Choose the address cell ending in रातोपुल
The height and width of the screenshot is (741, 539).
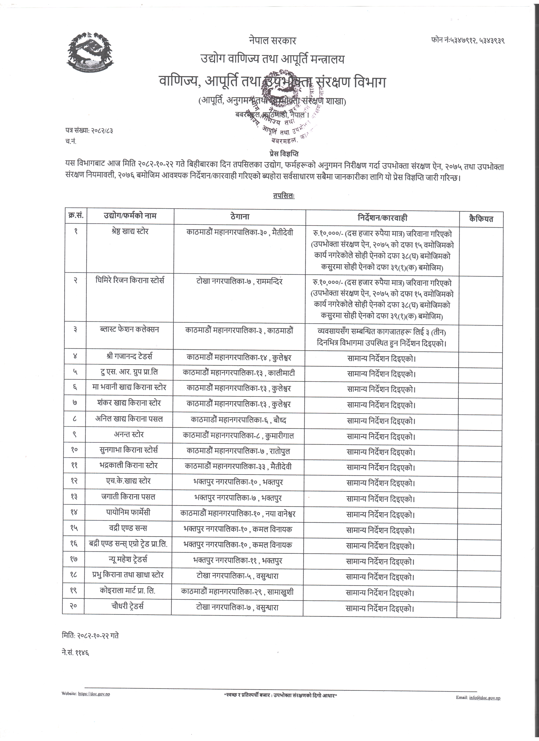click(x=238, y=451)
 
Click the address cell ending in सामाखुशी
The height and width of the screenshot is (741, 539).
click(x=237, y=592)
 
